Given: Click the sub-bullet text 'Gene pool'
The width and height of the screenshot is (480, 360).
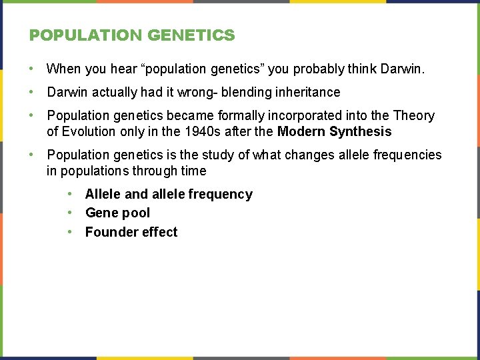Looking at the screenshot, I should tap(117, 213).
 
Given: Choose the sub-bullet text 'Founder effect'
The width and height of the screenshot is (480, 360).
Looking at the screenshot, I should tap(131, 233).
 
